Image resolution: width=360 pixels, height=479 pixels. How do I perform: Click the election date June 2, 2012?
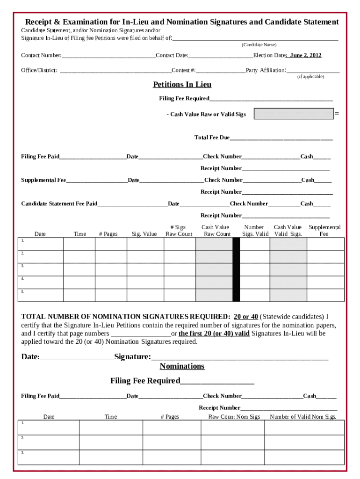pos(305,55)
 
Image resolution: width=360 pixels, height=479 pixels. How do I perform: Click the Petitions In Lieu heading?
pos(182,85)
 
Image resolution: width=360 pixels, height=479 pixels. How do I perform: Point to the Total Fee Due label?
pos(212,138)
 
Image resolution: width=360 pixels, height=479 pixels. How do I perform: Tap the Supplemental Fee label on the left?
pos(43,180)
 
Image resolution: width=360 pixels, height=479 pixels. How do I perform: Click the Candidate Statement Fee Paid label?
pos(59,203)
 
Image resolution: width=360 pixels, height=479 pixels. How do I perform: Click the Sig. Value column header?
pos(144,234)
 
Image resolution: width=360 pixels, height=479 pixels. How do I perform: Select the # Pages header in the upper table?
pos(108,234)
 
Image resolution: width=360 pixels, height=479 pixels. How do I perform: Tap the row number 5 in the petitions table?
pos(22,291)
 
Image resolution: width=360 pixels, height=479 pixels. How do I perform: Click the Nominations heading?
pos(182,366)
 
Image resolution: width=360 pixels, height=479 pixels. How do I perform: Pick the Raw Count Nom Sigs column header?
pos(234,417)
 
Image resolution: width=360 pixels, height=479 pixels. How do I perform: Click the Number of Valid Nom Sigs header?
pos(303,417)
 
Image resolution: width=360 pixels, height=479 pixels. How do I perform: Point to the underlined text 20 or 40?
pos(245,316)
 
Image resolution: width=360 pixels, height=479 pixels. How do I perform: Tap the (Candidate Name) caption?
pos(259,45)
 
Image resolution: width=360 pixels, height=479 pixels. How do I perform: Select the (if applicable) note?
pos(310,77)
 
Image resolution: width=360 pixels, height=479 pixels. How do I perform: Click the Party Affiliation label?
pos(265,71)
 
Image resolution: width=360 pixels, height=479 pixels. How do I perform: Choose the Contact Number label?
pos(41,56)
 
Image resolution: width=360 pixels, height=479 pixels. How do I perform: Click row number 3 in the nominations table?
pos(22,453)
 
